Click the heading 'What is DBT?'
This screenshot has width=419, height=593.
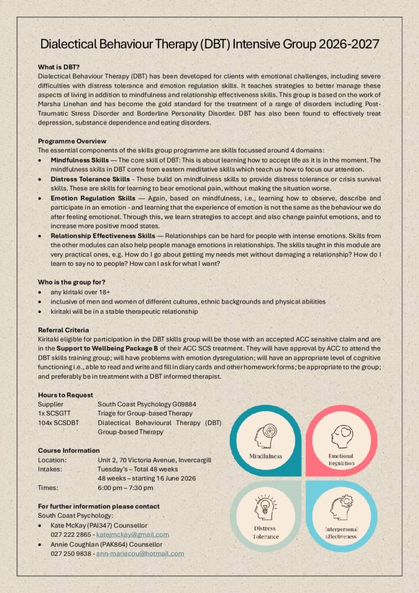(58, 67)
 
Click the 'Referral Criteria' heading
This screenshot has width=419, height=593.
(63, 330)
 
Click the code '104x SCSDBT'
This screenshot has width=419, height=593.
(56, 422)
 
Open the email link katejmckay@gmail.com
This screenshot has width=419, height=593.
(133, 535)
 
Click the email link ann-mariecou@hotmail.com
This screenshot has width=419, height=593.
(140, 553)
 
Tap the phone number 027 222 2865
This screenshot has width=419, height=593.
(72, 535)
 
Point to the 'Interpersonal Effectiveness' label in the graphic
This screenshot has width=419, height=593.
(341, 533)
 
